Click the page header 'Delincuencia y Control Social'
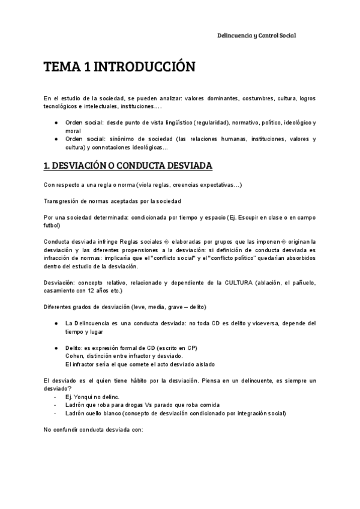tap(256, 36)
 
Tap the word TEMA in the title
tap(62, 67)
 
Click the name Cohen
tap(74, 356)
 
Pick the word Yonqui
tap(82, 397)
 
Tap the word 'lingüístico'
tap(176, 122)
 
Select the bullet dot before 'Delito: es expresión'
tap(56, 348)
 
